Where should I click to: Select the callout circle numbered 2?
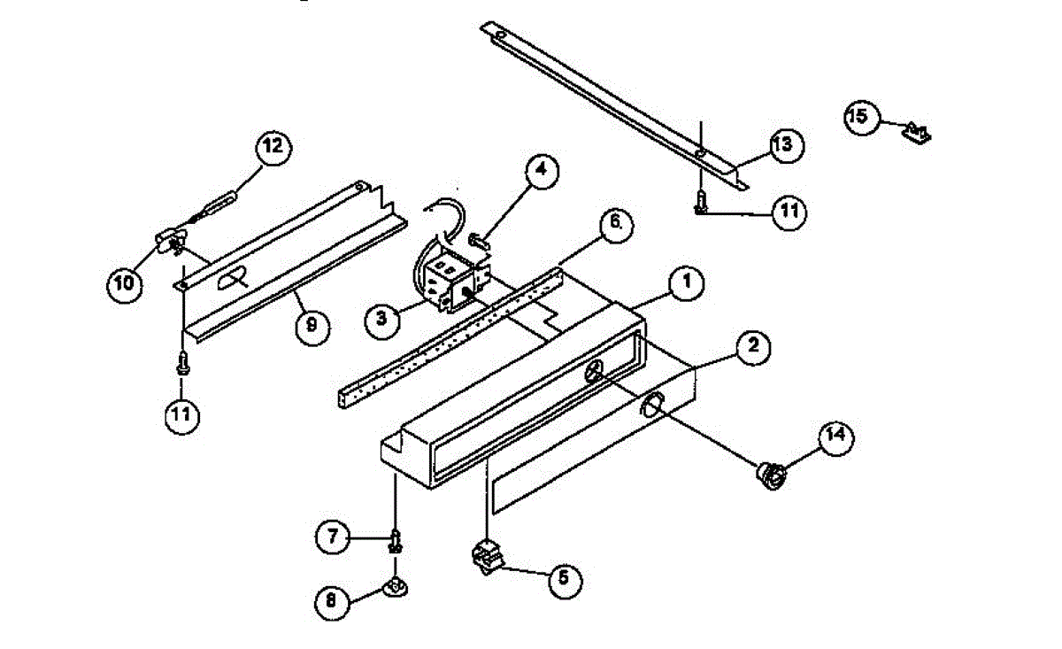[751, 346]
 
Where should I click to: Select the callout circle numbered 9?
[311, 326]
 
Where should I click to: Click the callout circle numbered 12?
[273, 147]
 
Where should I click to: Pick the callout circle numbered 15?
[860, 116]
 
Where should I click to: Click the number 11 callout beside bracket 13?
[788, 212]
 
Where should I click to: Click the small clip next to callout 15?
[918, 133]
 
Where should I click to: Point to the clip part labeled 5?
[486, 557]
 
